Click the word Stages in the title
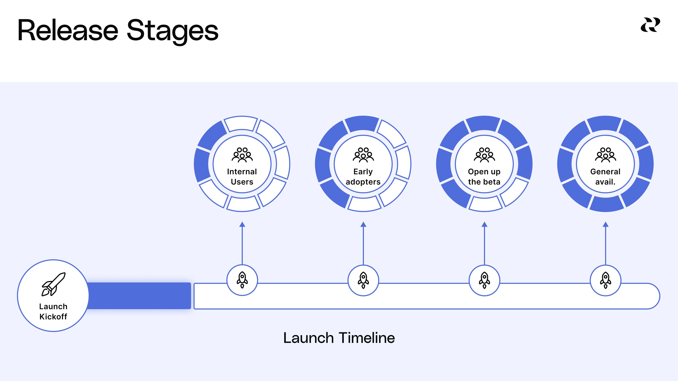(x=173, y=32)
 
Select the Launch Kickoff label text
(x=53, y=312)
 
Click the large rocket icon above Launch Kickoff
(x=53, y=284)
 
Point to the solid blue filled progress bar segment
(x=139, y=296)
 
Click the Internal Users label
(x=242, y=177)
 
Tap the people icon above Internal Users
(x=242, y=155)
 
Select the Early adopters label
(x=363, y=177)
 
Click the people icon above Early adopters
(x=363, y=155)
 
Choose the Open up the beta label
(x=484, y=177)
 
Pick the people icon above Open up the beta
(x=484, y=155)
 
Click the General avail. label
(x=605, y=177)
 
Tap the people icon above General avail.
(x=605, y=155)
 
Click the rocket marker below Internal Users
(x=242, y=280)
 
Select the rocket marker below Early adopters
(x=363, y=280)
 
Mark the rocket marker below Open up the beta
(x=484, y=280)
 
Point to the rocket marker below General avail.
(x=605, y=280)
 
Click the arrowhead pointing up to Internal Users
(x=242, y=224)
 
